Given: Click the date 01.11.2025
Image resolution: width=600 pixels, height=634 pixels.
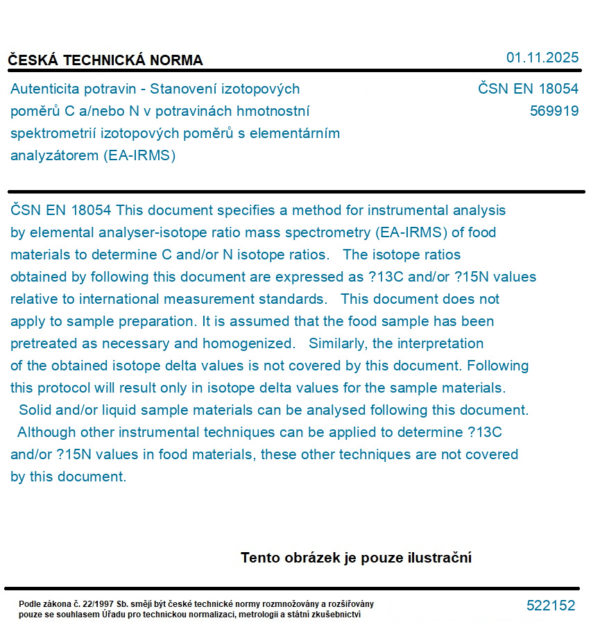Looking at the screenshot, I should click(542, 58).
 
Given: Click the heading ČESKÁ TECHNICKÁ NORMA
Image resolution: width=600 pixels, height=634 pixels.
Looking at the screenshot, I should click(105, 60).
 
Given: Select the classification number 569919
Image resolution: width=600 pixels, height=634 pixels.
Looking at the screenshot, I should click(554, 111).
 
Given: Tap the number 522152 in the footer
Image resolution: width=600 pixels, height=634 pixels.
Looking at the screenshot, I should click(551, 606).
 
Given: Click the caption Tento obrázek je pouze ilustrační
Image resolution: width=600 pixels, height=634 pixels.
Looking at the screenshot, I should click(356, 558).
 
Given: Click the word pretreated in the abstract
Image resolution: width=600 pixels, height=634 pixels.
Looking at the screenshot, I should click(43, 343).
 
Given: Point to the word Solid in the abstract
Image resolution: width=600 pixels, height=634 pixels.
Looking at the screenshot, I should click(34, 410).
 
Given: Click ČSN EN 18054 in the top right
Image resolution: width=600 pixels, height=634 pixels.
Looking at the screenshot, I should click(528, 89).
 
